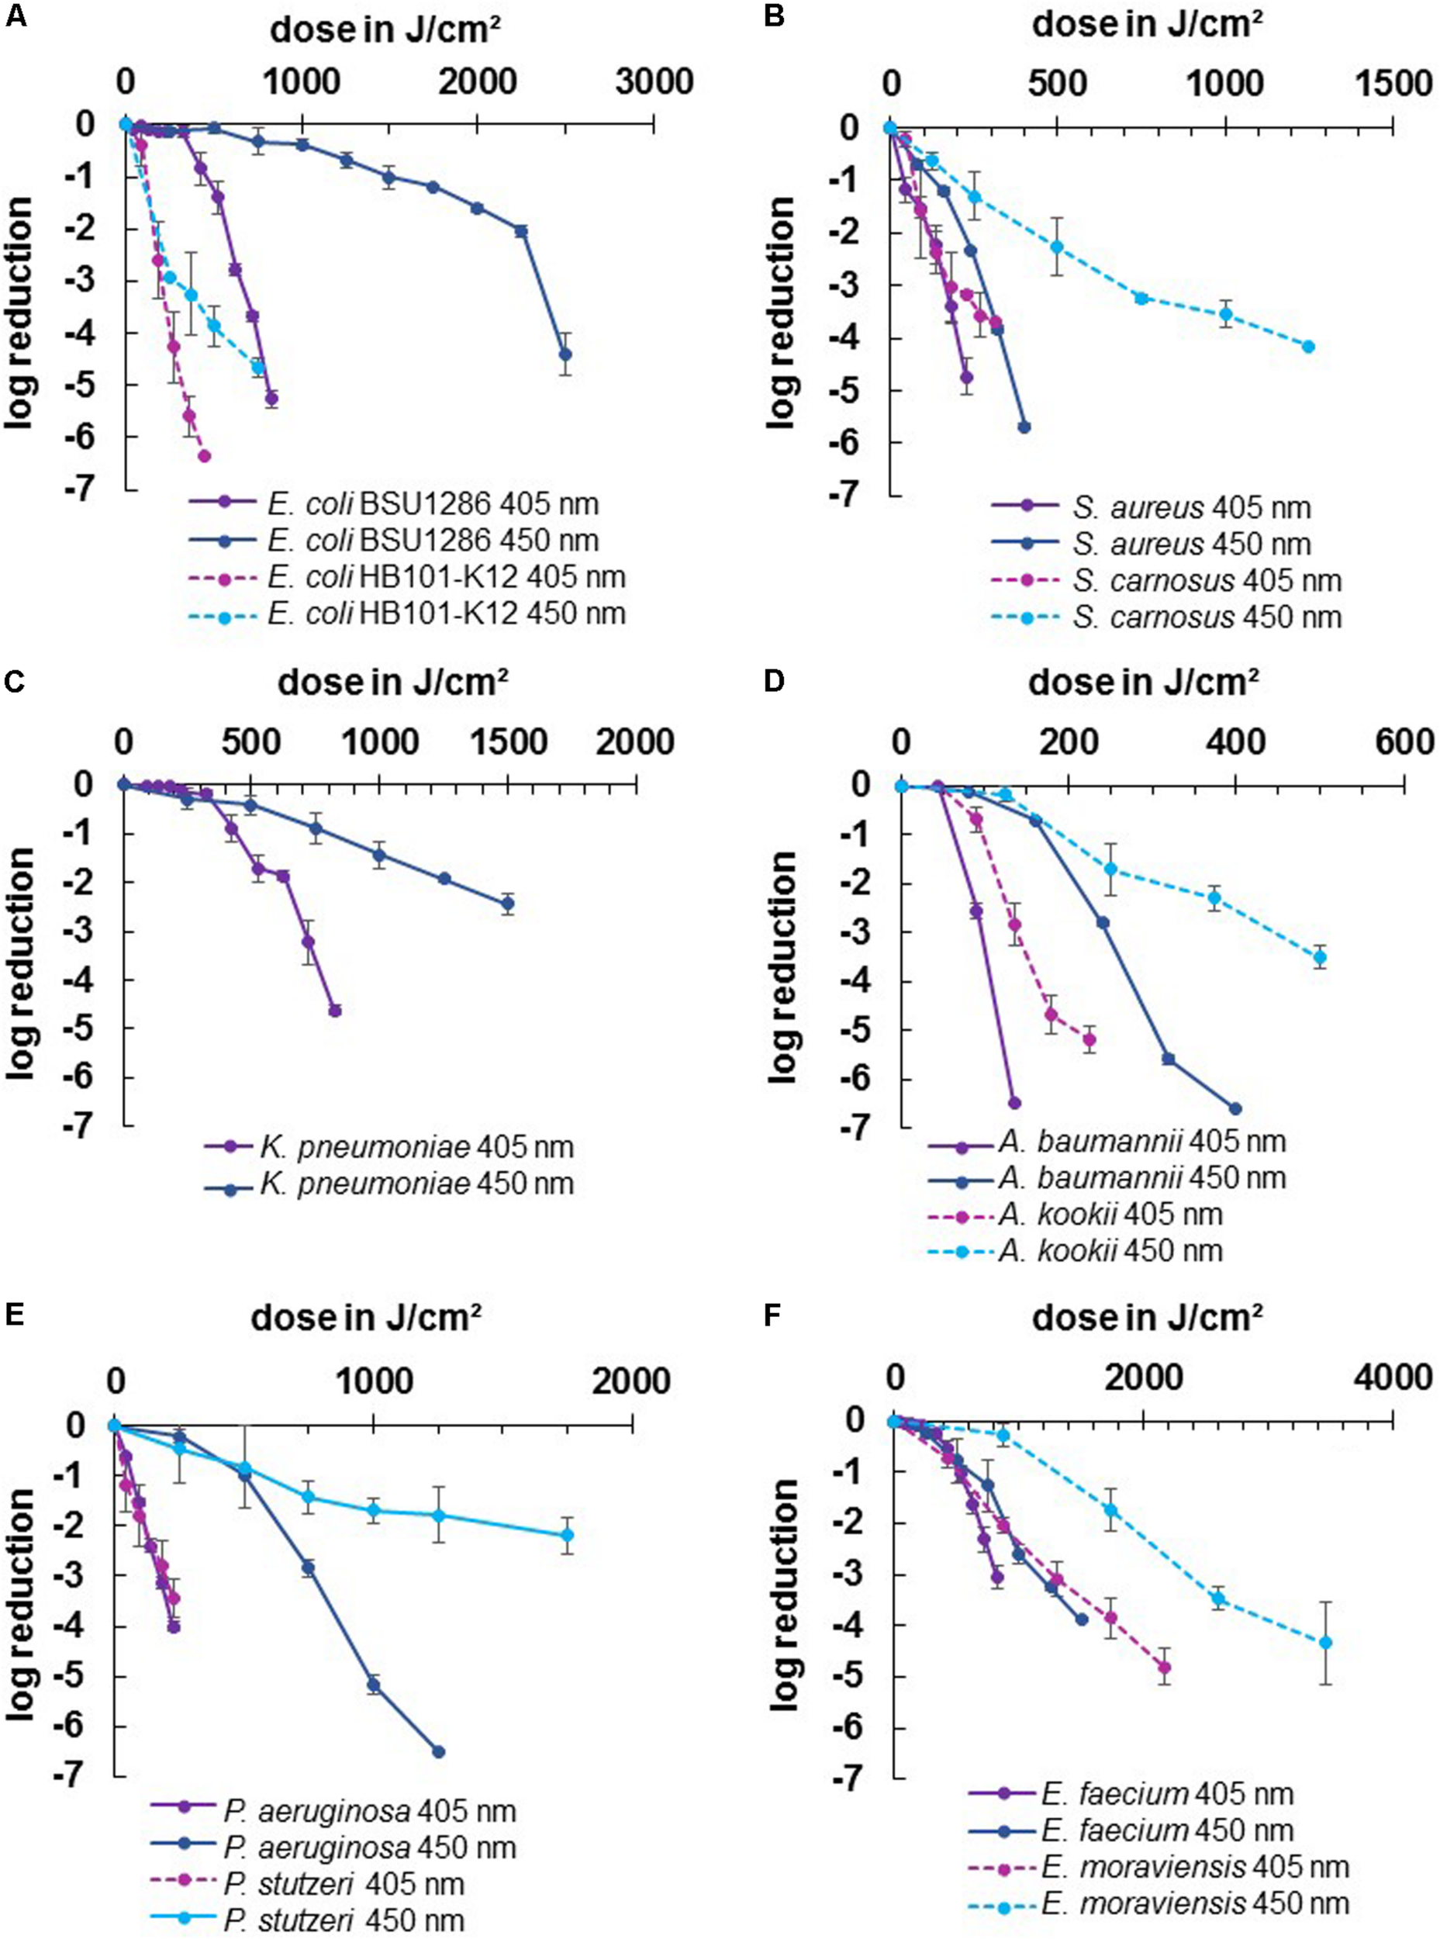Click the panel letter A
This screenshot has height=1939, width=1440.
coord(15,17)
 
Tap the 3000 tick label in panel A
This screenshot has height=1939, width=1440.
coord(654,83)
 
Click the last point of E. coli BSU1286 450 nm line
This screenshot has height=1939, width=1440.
coord(565,354)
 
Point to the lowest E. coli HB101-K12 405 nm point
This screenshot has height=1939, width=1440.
coord(205,456)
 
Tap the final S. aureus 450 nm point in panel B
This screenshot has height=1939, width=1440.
coord(1024,427)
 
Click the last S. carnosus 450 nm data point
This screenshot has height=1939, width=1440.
coord(1308,346)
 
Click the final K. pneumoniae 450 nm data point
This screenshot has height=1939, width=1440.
coord(507,904)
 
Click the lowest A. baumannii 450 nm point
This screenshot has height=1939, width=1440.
coord(1235,1109)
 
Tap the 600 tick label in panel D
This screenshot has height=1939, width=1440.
coord(1403,742)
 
